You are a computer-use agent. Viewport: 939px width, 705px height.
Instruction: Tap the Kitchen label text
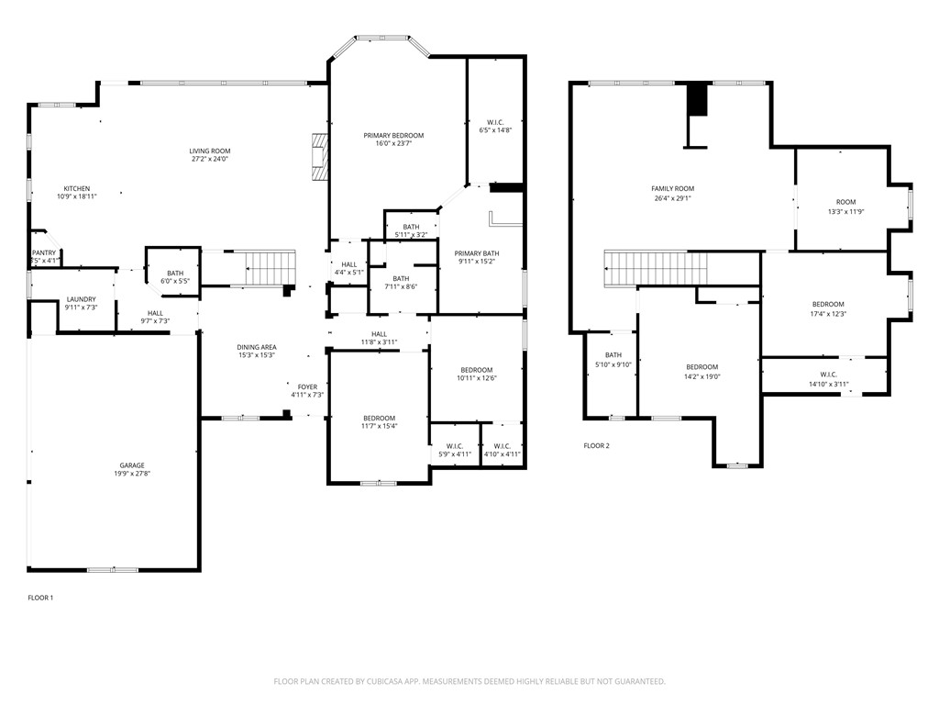(x=76, y=187)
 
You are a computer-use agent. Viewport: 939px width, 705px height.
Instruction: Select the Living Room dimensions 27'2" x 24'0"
(x=210, y=160)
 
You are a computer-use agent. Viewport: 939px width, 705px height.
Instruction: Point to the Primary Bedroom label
(x=393, y=135)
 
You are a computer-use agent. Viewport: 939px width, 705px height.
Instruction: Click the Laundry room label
(x=82, y=299)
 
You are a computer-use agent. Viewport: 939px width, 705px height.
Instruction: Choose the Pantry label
(x=44, y=252)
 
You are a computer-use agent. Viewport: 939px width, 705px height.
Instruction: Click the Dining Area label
(x=257, y=347)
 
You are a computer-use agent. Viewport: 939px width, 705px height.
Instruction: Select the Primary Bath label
(x=477, y=253)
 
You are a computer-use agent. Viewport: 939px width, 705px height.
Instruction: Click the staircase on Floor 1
(x=270, y=269)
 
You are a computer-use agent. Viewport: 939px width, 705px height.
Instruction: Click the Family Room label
(x=673, y=189)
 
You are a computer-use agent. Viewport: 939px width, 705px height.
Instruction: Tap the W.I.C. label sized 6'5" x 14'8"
(x=495, y=122)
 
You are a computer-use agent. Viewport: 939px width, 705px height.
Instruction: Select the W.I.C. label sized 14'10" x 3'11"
(x=828, y=375)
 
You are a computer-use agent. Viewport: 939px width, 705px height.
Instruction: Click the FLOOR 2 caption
(x=596, y=446)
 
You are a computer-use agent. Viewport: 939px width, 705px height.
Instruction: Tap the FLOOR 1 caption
(x=40, y=598)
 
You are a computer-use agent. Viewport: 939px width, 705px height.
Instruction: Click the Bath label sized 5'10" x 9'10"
(x=613, y=355)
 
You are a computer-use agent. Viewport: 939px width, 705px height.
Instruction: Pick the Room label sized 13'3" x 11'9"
(x=845, y=202)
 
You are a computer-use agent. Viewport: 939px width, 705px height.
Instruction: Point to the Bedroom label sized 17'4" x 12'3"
(x=828, y=305)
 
